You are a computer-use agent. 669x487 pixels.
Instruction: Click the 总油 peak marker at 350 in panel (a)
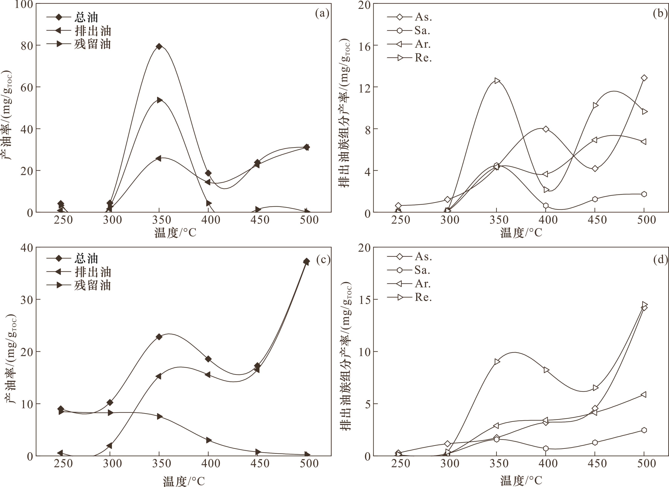tap(159, 46)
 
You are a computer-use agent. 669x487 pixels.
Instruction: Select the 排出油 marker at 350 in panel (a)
tap(159, 100)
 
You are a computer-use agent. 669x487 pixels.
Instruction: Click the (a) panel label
tap(322, 13)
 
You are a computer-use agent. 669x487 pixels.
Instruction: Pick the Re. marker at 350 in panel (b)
tap(497, 80)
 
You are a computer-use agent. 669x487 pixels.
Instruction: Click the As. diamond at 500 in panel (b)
tap(644, 78)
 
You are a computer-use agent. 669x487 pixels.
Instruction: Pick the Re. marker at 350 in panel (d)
tap(497, 361)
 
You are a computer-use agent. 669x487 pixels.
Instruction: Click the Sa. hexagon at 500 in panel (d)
tap(644, 430)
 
